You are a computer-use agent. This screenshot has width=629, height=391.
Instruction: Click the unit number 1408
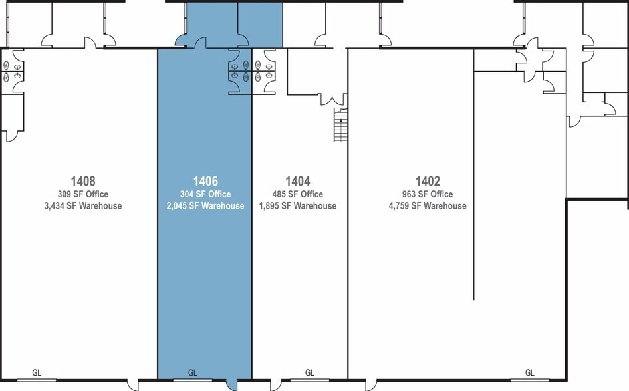pyautogui.click(x=83, y=181)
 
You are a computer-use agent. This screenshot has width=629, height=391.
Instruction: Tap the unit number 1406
pyautogui.click(x=205, y=181)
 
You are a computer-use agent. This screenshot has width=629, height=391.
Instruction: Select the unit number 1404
pyautogui.click(x=298, y=181)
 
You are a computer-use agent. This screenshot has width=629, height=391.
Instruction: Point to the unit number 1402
pyautogui.click(x=428, y=181)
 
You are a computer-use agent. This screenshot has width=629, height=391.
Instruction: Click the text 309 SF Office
pyautogui.click(x=83, y=194)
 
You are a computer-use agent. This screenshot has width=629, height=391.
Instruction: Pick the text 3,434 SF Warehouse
pyautogui.click(x=83, y=206)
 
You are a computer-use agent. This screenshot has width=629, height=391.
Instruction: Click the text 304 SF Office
pyautogui.click(x=205, y=194)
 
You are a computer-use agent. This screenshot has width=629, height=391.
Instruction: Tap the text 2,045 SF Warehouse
pyautogui.click(x=205, y=206)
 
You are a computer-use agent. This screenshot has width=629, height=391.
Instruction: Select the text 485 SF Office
pyautogui.click(x=298, y=194)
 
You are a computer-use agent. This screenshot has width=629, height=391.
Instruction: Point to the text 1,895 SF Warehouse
pyautogui.click(x=298, y=206)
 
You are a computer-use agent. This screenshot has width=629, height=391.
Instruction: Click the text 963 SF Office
pyautogui.click(x=428, y=194)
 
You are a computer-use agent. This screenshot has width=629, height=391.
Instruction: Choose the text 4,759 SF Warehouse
pyautogui.click(x=428, y=206)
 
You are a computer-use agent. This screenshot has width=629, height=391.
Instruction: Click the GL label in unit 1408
pyautogui.click(x=37, y=373)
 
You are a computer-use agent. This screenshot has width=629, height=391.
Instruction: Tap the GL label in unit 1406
pyautogui.click(x=193, y=373)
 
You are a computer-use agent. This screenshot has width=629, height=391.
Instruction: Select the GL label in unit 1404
pyautogui.click(x=310, y=373)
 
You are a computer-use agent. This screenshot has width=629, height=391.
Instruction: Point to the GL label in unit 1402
pyautogui.click(x=530, y=373)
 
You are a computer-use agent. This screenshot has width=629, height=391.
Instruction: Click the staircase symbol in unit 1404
pyautogui.click(x=341, y=125)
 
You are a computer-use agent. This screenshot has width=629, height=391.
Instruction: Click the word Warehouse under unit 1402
pyautogui.click(x=445, y=206)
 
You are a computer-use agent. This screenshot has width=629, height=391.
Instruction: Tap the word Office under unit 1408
pyautogui.click(x=96, y=194)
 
